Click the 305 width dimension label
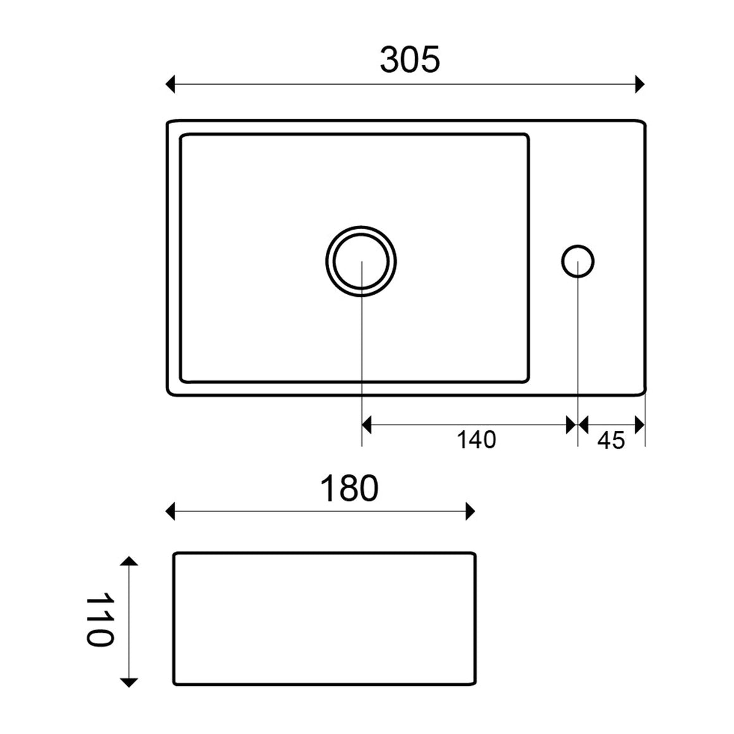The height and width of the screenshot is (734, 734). (409, 60)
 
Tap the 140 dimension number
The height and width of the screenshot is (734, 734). (476, 440)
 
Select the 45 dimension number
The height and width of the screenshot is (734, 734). (611, 440)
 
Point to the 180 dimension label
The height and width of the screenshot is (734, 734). (349, 488)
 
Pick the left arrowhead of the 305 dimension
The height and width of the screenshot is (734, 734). (170, 84)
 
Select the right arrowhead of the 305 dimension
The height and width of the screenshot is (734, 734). (640, 84)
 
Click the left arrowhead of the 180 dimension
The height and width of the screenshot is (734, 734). (170, 511)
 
